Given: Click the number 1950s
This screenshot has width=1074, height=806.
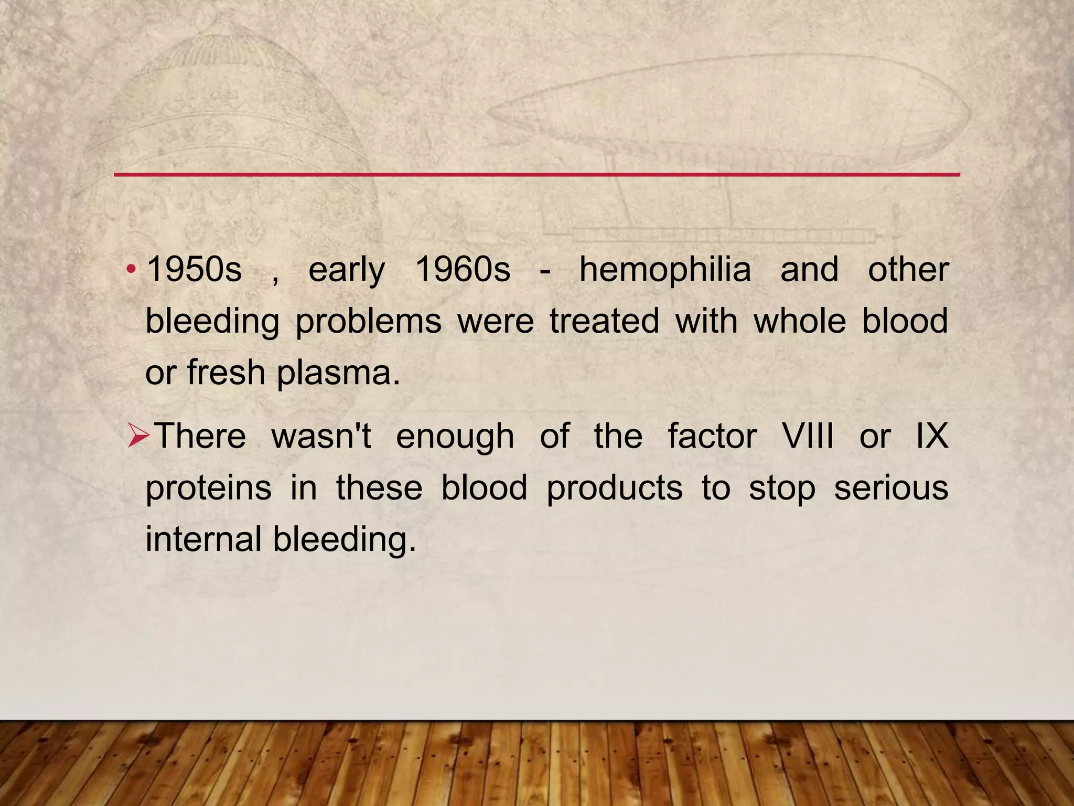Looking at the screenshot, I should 194,270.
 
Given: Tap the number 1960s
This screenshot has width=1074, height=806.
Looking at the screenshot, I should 462,270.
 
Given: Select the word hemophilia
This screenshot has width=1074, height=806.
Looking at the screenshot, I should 664,270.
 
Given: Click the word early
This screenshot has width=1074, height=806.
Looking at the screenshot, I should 346,271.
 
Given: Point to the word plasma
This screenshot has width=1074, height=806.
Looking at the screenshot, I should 338,373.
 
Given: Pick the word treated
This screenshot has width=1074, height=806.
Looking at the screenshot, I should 604,321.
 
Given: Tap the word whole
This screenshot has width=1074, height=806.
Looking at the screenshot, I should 799,321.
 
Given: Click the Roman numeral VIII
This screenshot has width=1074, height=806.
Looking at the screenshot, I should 808,436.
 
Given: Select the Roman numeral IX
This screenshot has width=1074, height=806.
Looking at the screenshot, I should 932,436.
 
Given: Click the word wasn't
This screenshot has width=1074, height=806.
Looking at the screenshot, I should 321,436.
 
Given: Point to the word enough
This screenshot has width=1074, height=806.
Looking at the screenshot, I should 455,437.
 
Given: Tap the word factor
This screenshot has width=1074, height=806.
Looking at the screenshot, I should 712,436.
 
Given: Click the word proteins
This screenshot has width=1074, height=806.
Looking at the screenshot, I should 208,489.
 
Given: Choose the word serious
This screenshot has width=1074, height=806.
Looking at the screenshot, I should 890,487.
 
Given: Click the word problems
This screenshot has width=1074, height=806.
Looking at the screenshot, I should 368,322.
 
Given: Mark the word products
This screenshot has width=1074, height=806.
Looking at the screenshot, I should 614,489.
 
